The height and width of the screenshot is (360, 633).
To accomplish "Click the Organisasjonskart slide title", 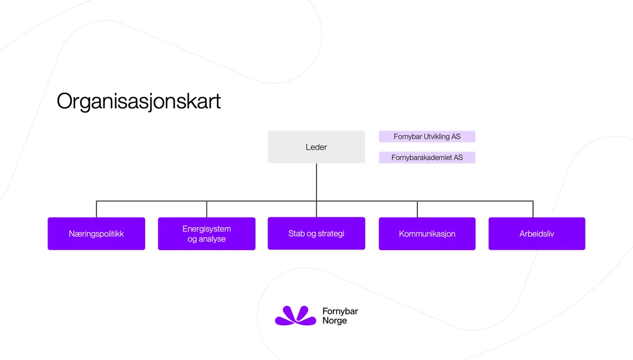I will click(139, 101).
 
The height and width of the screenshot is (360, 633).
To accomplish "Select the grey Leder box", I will click(316, 147).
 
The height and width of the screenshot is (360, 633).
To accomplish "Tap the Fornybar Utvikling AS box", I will click(427, 137).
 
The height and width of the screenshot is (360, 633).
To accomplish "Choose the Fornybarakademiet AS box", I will click(427, 157).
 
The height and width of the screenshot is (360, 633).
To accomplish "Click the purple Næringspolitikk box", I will click(96, 233).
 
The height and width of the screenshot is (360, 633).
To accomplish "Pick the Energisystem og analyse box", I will click(206, 233).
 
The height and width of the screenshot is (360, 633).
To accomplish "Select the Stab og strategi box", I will click(316, 233).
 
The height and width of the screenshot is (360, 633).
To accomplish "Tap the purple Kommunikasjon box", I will click(427, 233).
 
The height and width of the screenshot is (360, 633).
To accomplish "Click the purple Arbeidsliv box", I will click(536, 233).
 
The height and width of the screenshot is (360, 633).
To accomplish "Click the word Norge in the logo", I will click(334, 320).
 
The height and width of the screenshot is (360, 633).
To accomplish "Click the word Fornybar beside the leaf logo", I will click(340, 311).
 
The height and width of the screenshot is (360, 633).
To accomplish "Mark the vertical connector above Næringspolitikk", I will click(97, 209).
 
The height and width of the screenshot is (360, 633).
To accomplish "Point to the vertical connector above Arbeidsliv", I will click(533, 209).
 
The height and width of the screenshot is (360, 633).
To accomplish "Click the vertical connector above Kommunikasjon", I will click(417, 209).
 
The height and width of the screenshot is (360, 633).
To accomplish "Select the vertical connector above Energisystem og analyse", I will click(207, 209).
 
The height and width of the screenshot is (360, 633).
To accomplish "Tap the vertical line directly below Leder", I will click(316, 182).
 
